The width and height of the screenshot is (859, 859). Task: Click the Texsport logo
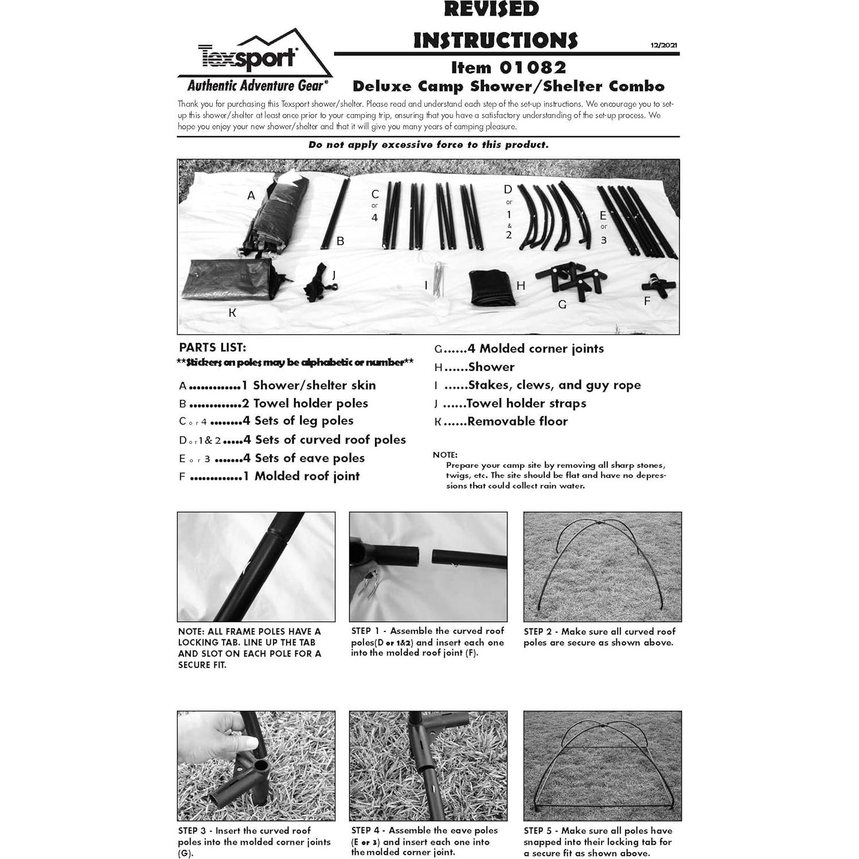coord(248,57)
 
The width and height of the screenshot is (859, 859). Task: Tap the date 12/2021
coord(663,45)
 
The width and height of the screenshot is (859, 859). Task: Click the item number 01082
coord(533,68)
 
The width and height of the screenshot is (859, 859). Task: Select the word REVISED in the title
coord(491,9)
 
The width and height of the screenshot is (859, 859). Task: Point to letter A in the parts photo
coord(251,196)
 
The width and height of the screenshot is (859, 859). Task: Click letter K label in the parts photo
coord(232,313)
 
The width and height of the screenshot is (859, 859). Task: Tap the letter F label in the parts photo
coord(647,301)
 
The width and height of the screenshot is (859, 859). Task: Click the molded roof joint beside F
coord(659,286)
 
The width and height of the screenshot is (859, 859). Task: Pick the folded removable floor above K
coord(227,280)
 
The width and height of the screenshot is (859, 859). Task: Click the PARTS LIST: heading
coord(212,347)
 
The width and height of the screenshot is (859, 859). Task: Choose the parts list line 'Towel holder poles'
coord(310,403)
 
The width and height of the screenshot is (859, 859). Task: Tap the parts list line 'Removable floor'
coord(517,421)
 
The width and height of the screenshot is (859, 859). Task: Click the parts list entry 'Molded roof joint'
coord(306,476)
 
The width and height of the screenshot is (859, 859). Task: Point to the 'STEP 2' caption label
coord(537,631)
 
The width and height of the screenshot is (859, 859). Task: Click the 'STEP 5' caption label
coord(537,830)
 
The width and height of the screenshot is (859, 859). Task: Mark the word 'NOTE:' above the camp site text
coord(445,455)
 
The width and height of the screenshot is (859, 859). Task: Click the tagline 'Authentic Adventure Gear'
coord(256,86)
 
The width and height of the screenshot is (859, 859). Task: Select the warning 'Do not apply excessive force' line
coord(428,145)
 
